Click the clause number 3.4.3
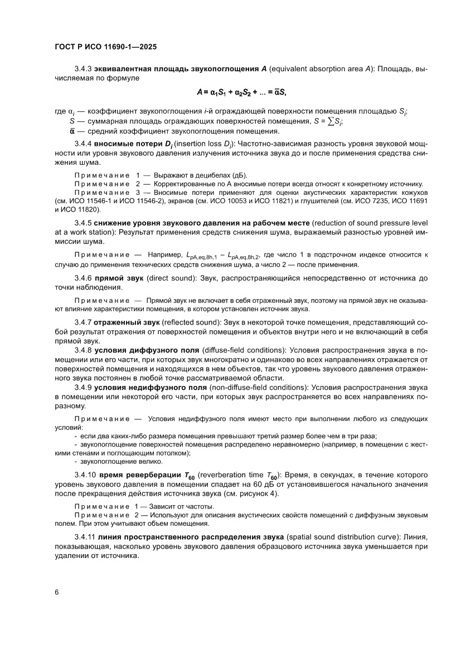point(84,68)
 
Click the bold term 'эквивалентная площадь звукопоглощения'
point(176,68)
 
